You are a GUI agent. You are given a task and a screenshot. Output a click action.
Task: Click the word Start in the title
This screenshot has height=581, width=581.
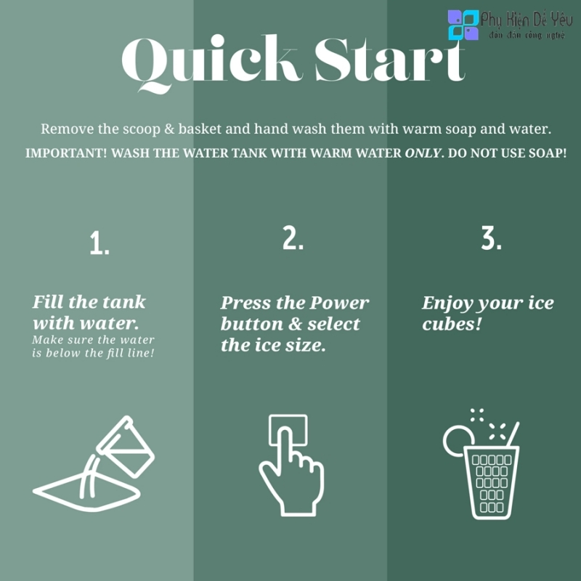pyautogui.click(x=390, y=60)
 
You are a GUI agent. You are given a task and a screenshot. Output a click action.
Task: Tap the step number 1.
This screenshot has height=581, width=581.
pyautogui.click(x=99, y=243)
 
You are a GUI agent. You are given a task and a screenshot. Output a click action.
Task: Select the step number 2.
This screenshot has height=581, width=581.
pyautogui.click(x=293, y=237)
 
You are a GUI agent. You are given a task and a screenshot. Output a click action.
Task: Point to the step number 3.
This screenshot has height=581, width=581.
pyautogui.click(x=492, y=237)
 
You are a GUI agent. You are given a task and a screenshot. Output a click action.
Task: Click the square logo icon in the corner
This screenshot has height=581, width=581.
pyautogui.click(x=463, y=25)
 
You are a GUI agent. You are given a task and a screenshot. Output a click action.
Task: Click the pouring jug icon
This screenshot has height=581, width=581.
pyautogui.click(x=94, y=463)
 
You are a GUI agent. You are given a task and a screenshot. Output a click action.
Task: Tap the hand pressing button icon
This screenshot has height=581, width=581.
pyautogui.click(x=291, y=465)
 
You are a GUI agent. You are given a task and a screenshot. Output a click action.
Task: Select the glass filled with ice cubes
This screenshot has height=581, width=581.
pyautogui.click(x=492, y=483)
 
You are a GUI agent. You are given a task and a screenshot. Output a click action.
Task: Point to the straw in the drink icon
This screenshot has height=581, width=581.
pyautogui.click(x=513, y=434)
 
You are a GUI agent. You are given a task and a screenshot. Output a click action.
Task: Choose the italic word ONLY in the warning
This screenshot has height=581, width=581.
pyautogui.click(x=423, y=153)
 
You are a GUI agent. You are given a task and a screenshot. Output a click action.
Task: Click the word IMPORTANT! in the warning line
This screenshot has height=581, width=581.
pyautogui.click(x=66, y=153)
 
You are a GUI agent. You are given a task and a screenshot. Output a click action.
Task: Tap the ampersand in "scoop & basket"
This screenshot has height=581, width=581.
pyautogui.click(x=169, y=129)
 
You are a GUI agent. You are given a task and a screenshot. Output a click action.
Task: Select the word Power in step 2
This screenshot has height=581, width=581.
pyautogui.click(x=339, y=303)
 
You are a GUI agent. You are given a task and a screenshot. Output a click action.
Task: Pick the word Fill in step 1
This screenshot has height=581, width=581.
pyautogui.click(x=47, y=301)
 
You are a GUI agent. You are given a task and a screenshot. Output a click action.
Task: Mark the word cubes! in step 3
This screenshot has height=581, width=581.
pyautogui.click(x=452, y=324)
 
